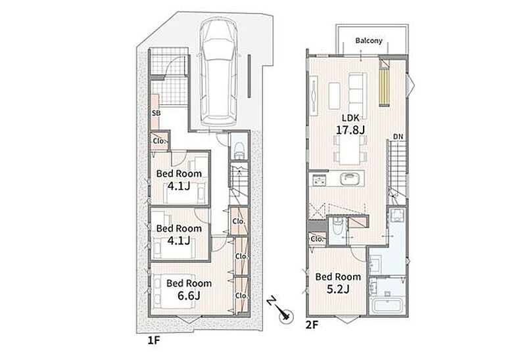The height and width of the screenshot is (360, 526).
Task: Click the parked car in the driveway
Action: [x=218, y=73]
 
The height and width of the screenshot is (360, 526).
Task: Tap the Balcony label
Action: [x=369, y=41]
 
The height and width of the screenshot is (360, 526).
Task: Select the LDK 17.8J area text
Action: [x=350, y=124]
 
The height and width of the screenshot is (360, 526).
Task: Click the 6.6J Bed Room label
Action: [x=189, y=289]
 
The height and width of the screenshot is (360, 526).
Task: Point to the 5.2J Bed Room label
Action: [x=338, y=282]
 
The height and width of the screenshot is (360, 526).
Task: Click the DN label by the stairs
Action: [x=398, y=137]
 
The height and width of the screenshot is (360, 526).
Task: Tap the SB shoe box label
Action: [x=156, y=113]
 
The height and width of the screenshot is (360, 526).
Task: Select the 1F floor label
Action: [x=154, y=340]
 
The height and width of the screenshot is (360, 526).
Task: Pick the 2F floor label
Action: [x=311, y=325]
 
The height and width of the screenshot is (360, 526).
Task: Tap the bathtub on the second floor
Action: [x=387, y=305]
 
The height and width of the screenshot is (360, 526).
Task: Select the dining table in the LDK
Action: [x=350, y=150]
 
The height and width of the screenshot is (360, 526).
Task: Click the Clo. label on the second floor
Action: [x=317, y=239]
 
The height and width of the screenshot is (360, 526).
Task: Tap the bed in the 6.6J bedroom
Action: [x=174, y=291]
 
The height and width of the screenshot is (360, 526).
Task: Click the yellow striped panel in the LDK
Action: [x=385, y=87]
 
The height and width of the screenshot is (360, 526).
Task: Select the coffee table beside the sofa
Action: [x=334, y=96]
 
